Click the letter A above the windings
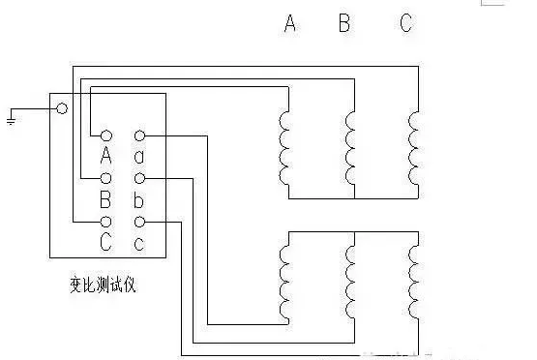tap(289, 23)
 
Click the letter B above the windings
tap(343, 23)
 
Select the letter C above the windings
tap(406, 23)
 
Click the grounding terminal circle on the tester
tap(62, 109)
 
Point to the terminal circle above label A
tap(106, 135)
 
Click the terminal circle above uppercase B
tap(106, 179)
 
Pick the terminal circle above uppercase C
tap(106, 223)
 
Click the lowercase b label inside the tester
tap(139, 200)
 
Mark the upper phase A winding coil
tap(285, 147)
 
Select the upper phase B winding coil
tap(349, 147)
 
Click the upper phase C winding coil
tap(413, 147)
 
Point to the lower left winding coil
tap(285, 282)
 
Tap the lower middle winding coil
tap(349, 282)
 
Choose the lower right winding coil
tap(413, 282)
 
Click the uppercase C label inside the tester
tap(106, 243)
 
